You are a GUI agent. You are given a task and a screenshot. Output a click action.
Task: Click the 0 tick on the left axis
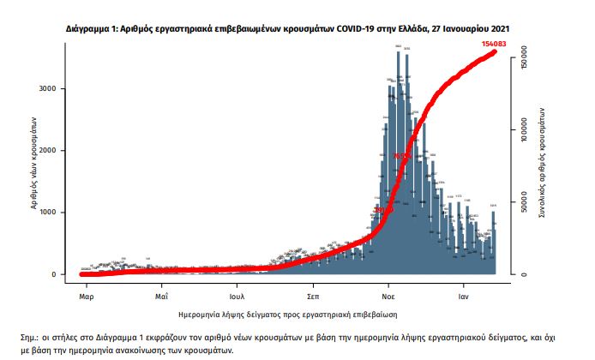click(55, 274)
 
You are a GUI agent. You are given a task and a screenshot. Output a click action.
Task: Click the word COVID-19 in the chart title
click(337, 28)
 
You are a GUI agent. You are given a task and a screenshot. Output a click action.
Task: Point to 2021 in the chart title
click(501, 28)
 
